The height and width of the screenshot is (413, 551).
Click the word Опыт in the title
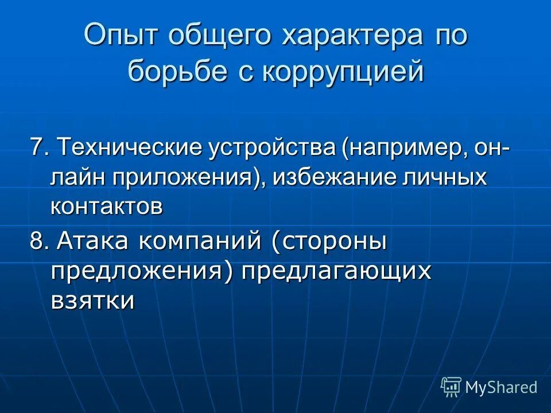coord(122,37)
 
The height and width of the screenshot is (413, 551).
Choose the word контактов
coord(107,206)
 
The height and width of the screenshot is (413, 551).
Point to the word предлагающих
coord(336,271)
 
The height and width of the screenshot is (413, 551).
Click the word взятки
coord(93,300)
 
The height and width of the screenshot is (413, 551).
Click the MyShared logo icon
coord(451,387)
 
